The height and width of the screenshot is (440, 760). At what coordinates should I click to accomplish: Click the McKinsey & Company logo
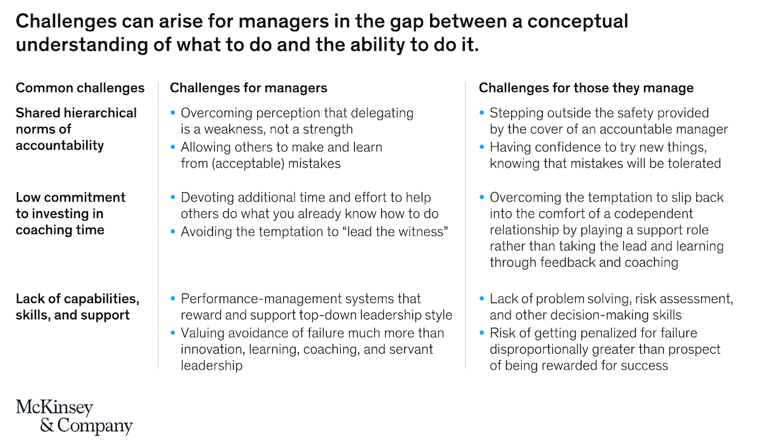[x=74, y=416]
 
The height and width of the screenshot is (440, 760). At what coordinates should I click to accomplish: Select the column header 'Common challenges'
[x=80, y=88]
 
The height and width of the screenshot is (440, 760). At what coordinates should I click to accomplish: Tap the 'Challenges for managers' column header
[x=248, y=88]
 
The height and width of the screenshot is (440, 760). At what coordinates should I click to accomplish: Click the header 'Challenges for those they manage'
[x=586, y=88]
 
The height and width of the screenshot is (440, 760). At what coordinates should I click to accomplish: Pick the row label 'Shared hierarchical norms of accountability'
[x=76, y=129]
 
